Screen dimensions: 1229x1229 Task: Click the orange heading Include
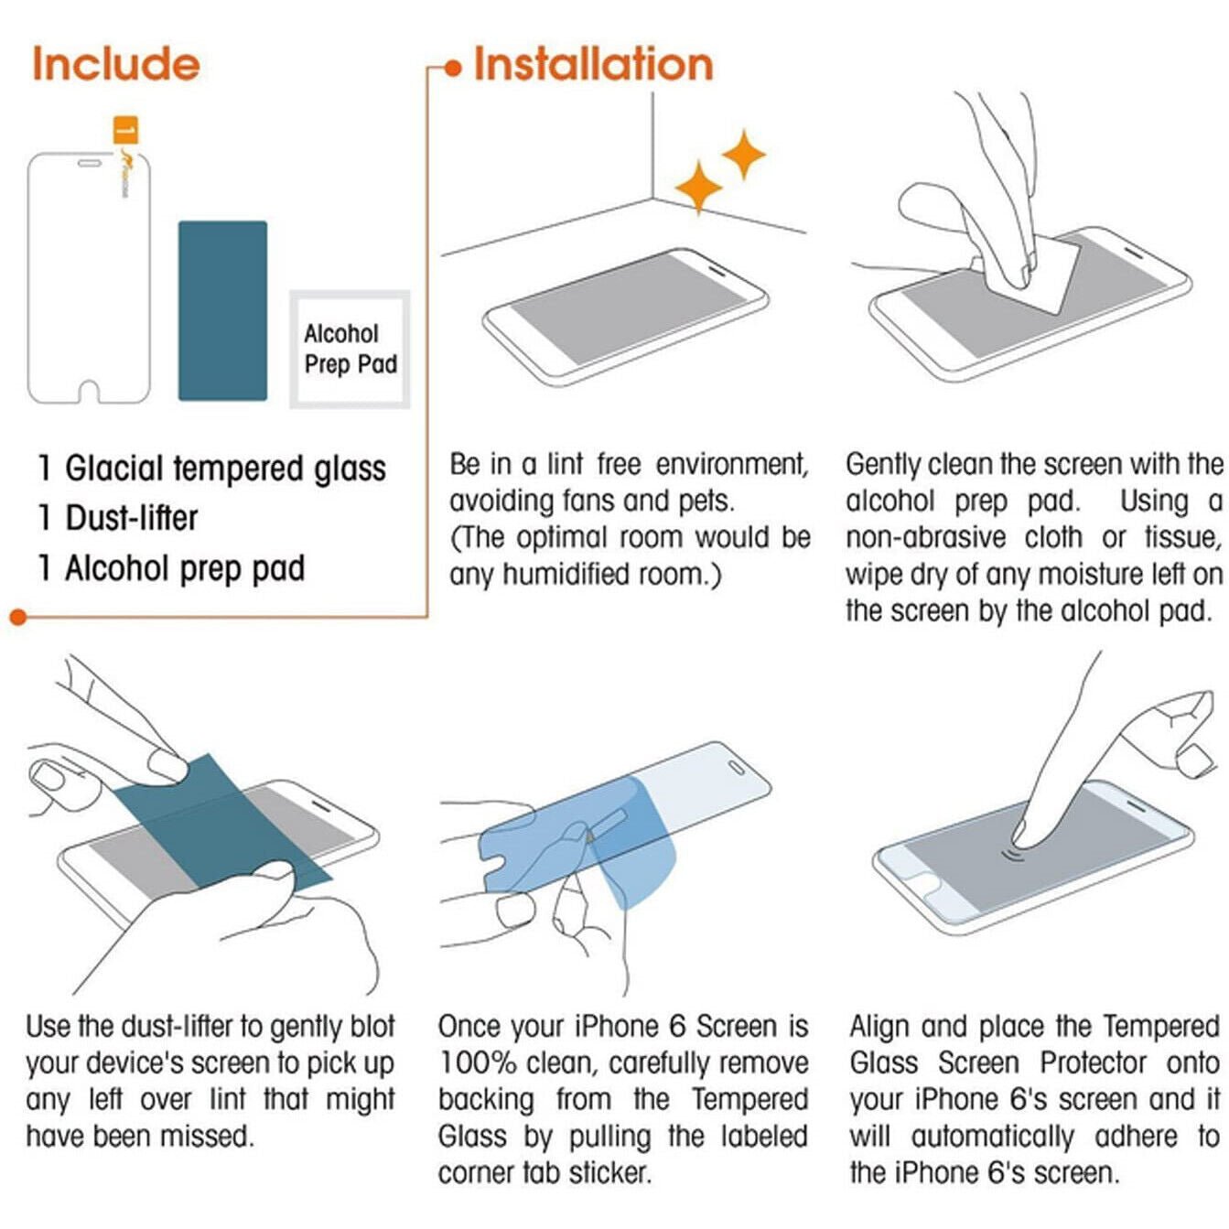116,64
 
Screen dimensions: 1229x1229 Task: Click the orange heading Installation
593,65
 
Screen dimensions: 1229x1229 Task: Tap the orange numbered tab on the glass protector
125,130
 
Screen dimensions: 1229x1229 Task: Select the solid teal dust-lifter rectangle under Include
222,310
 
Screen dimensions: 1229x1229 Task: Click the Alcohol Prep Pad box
350,349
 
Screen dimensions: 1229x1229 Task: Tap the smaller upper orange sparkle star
744,155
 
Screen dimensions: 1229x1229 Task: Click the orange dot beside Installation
452,69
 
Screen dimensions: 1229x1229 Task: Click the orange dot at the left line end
18,617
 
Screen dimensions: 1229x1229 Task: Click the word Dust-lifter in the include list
132,518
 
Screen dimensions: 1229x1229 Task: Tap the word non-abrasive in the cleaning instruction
925,538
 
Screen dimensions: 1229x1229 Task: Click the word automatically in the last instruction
992,1137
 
